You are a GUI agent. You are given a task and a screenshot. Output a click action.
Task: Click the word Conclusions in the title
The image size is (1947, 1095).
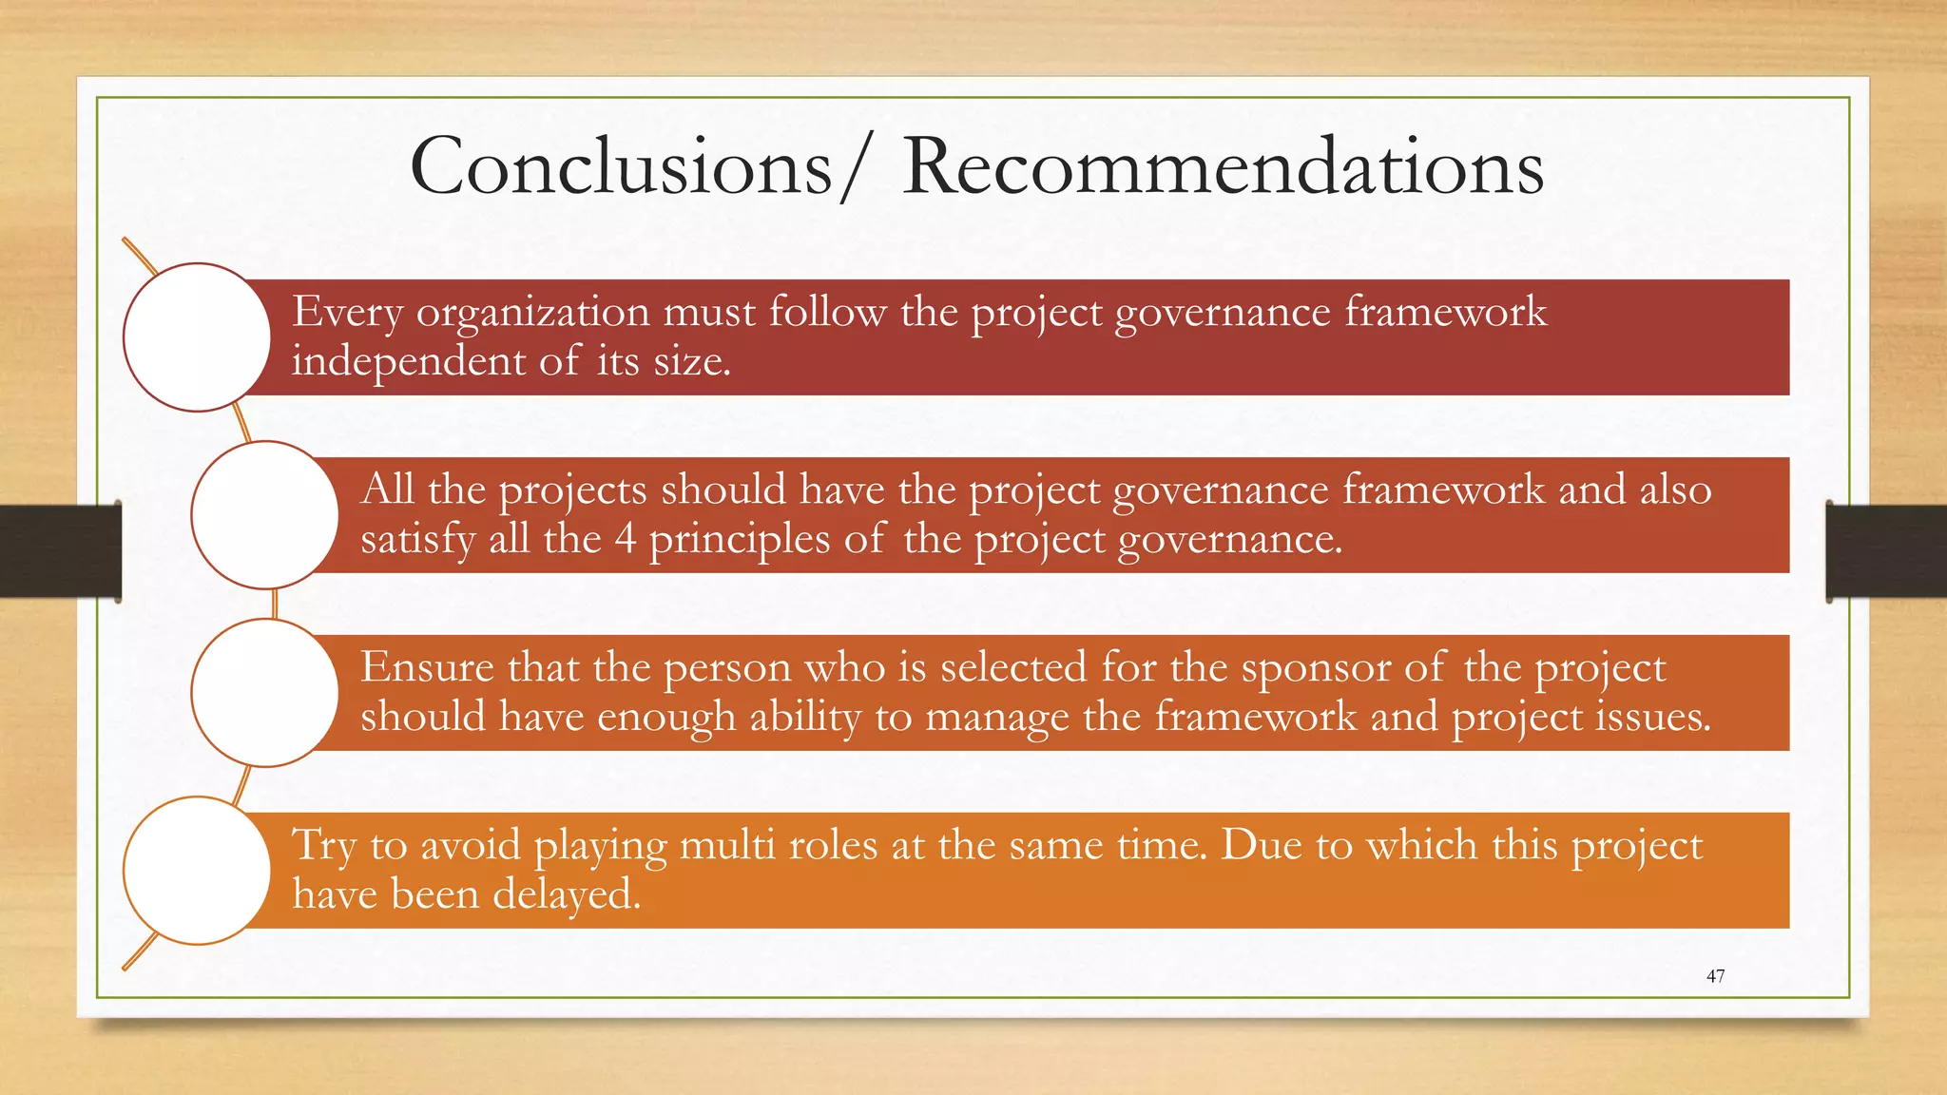point(621,166)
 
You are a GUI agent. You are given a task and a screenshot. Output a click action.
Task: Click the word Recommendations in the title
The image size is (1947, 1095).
point(1223,166)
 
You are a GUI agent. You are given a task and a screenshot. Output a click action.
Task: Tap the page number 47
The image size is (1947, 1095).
point(1715,976)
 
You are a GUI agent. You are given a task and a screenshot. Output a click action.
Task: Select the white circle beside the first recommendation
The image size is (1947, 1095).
point(198,337)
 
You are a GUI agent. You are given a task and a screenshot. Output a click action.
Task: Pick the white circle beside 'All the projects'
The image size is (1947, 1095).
point(265,515)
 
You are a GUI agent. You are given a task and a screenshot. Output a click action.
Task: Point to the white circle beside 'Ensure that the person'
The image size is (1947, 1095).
point(265,693)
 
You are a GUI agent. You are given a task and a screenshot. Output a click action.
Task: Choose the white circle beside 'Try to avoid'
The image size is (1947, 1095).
point(198,871)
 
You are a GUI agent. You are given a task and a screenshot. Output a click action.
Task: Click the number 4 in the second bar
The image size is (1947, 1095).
point(625,539)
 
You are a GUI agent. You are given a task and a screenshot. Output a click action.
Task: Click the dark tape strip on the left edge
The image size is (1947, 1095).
point(59,551)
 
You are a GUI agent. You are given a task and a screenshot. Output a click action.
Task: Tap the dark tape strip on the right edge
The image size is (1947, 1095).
point(1886,551)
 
